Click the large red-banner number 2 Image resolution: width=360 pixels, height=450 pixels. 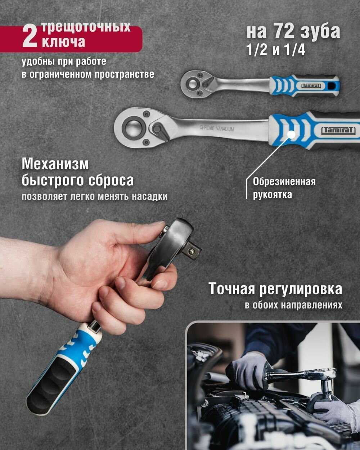click(30, 36)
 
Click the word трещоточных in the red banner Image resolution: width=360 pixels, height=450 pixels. click(86, 27)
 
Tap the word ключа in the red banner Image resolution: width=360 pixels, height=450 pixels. click(64, 42)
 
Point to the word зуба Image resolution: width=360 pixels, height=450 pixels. click(320, 32)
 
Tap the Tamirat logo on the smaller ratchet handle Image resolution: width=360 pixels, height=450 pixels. click(311, 86)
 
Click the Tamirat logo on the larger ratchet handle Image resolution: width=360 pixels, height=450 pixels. click(338, 130)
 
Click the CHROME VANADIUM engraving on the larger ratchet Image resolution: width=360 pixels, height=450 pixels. click(216, 128)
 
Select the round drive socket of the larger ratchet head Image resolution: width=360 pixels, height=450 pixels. click(133, 127)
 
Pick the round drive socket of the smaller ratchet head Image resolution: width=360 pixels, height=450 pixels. click(192, 84)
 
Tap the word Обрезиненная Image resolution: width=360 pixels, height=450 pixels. click(284, 182)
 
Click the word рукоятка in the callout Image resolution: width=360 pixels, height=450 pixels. click(273, 195)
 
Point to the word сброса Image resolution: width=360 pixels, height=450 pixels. click(111, 180)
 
